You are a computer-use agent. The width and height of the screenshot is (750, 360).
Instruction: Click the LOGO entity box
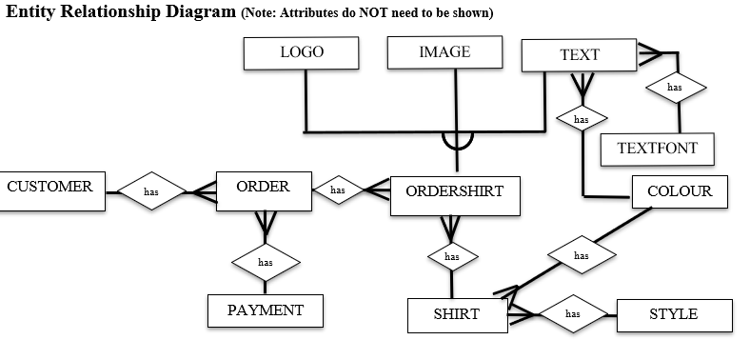pyautogui.click(x=301, y=53)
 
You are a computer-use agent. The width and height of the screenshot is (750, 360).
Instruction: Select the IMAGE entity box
pyautogui.click(x=444, y=53)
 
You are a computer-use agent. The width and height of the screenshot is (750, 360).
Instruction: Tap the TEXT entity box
pyautogui.click(x=579, y=55)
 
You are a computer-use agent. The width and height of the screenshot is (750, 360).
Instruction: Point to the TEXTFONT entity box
pyautogui.click(x=657, y=149)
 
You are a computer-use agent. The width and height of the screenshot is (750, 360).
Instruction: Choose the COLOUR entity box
pyautogui.click(x=679, y=191)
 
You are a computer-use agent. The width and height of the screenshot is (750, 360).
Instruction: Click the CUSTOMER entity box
pyautogui.click(x=50, y=188)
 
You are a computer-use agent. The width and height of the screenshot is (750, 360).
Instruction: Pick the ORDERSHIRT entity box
pyautogui.click(x=454, y=192)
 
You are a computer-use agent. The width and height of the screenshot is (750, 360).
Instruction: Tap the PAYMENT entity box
pyautogui.click(x=266, y=310)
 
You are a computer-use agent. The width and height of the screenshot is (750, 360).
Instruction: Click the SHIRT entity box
pyautogui.click(x=457, y=314)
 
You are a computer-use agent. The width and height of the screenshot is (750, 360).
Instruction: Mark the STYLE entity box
pyautogui.click(x=674, y=314)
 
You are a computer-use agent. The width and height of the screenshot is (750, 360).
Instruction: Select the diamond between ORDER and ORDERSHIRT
pyautogui.click(x=338, y=190)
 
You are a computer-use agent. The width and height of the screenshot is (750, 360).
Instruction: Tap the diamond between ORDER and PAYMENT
pyautogui.click(x=266, y=261)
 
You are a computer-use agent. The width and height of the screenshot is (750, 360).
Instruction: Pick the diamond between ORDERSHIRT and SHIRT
pyautogui.click(x=452, y=256)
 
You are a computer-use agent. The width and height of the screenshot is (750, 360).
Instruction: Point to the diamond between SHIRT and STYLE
pyautogui.click(x=573, y=312)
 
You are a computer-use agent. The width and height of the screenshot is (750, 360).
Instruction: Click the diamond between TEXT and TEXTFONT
pyautogui.click(x=676, y=88)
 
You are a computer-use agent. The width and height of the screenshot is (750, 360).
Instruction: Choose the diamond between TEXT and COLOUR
pyautogui.click(x=582, y=120)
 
